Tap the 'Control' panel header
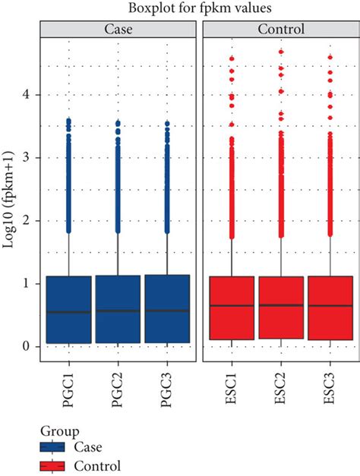pyautogui.click(x=281, y=30)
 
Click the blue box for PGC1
pyautogui.click(x=69, y=310)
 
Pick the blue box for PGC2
pyautogui.click(x=118, y=309)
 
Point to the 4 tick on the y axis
pyautogui.click(x=36, y=95)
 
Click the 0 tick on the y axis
pyautogui.click(x=36, y=346)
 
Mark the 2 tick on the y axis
pyautogui.click(x=36, y=221)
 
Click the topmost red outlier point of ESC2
pyautogui.click(x=281, y=52)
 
